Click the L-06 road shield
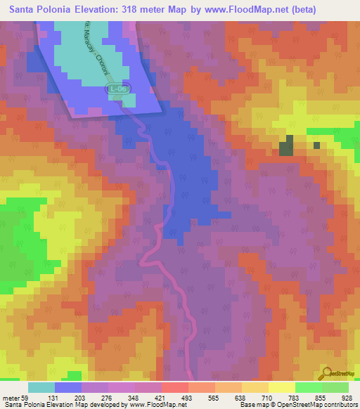pos(117,90)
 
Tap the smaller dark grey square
pos(316,145)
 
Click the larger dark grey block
pos(286,148)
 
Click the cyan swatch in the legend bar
pos(41,387)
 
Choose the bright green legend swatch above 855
pos(309,387)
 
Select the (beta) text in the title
pos(301,10)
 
